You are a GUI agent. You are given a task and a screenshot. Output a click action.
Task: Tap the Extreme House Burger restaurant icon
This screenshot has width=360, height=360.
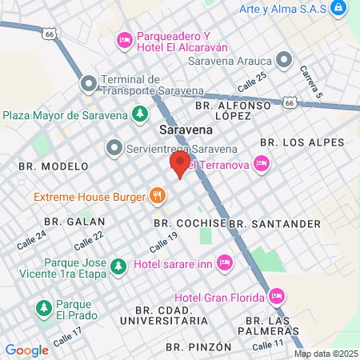158,195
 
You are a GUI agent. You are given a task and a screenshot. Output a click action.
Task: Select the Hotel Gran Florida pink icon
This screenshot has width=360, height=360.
277,297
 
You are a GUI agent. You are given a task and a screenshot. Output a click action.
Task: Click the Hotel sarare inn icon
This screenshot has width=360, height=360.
226,262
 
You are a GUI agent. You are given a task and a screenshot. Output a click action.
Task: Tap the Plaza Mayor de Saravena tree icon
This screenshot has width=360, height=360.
140,114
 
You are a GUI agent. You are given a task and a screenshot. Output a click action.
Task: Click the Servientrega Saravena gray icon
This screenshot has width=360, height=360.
114,147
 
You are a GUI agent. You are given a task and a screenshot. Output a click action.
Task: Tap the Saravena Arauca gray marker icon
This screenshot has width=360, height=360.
284,60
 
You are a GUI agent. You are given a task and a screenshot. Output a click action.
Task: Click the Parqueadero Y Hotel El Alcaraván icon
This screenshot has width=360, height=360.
125,39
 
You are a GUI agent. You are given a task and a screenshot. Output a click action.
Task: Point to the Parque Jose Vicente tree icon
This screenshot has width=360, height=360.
118,264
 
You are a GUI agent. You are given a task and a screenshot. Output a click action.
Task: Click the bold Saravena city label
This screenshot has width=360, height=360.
186,129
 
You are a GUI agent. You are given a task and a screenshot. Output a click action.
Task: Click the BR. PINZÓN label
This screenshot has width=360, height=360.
198,347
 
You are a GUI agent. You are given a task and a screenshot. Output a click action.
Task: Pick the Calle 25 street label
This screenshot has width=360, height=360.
251,82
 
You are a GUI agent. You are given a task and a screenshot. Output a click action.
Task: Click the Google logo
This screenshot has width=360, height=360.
26,350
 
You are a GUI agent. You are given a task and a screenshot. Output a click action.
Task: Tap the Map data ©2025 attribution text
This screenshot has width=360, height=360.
326,354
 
